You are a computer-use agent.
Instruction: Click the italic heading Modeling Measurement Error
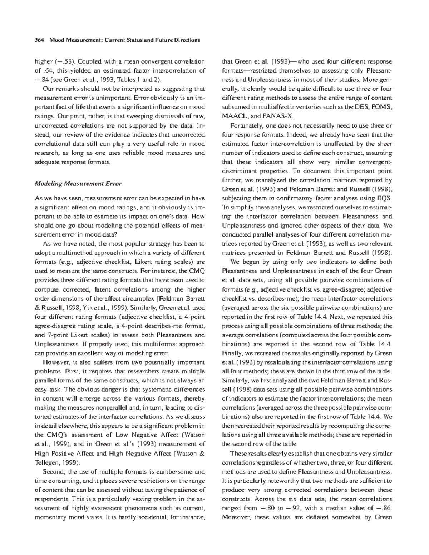click(x=78, y=184)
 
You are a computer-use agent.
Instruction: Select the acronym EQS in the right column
click(x=385, y=198)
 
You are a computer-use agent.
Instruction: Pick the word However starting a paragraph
click(x=55, y=362)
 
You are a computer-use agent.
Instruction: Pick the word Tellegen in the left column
click(x=46, y=462)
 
